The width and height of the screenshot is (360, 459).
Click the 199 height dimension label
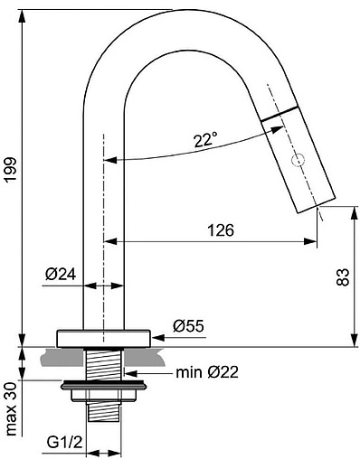11,169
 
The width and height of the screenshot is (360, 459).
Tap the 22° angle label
205,140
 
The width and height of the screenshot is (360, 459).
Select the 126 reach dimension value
221,230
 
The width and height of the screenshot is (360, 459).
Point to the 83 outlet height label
343,276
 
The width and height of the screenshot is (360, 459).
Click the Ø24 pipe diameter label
61,274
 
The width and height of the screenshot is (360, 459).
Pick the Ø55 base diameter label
188,326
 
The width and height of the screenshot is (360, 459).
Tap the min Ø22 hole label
207,372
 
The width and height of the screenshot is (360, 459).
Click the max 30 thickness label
11,408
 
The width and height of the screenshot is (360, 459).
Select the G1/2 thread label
64,443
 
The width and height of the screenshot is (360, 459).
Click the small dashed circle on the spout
298,160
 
